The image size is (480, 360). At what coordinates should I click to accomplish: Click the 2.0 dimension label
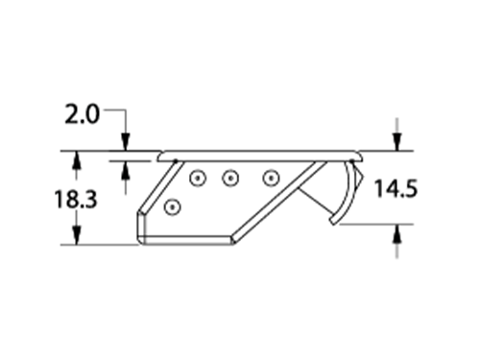tap(83, 114)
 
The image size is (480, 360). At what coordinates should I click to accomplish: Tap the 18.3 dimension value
tap(76, 199)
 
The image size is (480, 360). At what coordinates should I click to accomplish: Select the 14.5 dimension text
tap(396, 188)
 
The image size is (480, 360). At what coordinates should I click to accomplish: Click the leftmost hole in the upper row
tap(198, 178)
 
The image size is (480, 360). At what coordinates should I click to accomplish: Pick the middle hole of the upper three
tap(230, 178)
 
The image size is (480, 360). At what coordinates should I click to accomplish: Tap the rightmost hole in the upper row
tap(271, 178)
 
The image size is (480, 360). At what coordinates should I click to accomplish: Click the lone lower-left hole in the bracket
tap(172, 207)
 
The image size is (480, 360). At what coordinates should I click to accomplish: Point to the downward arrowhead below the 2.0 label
tap(126, 142)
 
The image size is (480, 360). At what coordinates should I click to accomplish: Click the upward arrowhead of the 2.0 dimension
tap(126, 170)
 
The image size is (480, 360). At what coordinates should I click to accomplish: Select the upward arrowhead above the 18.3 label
tap(76, 159)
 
